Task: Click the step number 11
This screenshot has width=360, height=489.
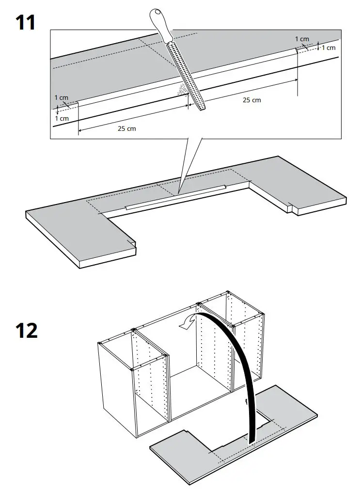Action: tap(25, 22)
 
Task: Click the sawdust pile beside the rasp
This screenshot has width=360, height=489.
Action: tap(182, 89)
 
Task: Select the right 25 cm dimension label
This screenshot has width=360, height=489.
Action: tap(251, 100)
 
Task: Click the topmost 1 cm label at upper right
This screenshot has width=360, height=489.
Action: tap(302, 39)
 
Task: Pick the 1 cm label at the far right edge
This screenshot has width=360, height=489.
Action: tap(329, 47)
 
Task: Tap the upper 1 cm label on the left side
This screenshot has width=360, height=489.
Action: tap(62, 98)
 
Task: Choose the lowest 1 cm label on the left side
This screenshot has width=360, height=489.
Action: tap(62, 118)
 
